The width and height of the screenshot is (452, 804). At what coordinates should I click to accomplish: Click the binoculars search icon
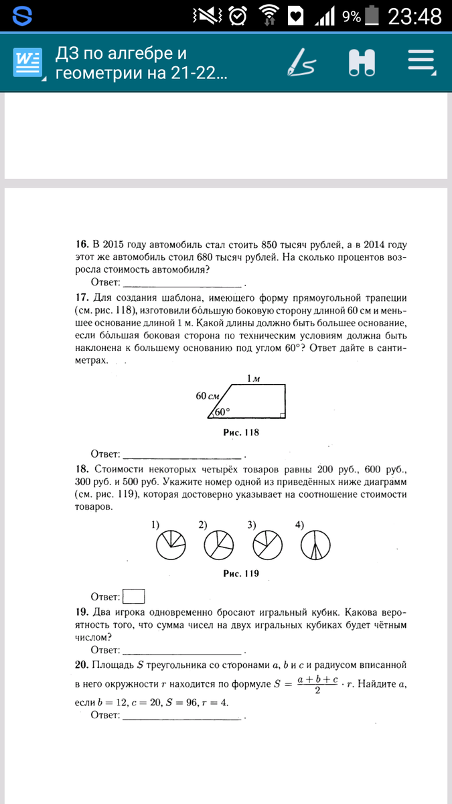(x=362, y=62)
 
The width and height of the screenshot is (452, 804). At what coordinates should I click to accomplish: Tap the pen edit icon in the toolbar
(x=301, y=62)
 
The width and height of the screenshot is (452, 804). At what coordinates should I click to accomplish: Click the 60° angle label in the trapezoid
(x=222, y=412)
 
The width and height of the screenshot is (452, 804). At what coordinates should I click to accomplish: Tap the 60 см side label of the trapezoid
(x=207, y=396)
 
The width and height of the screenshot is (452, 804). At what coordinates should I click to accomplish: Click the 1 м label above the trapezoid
(x=252, y=379)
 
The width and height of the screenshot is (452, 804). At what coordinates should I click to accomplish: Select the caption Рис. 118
(x=240, y=433)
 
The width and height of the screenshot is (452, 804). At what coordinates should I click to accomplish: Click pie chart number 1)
(x=170, y=545)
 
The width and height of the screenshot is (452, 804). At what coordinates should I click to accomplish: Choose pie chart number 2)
(x=218, y=545)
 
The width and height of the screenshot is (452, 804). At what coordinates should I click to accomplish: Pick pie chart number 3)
(x=267, y=545)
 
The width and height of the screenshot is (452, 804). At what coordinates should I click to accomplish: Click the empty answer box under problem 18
(x=135, y=596)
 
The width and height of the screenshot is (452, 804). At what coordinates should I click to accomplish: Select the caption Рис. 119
(x=240, y=574)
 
